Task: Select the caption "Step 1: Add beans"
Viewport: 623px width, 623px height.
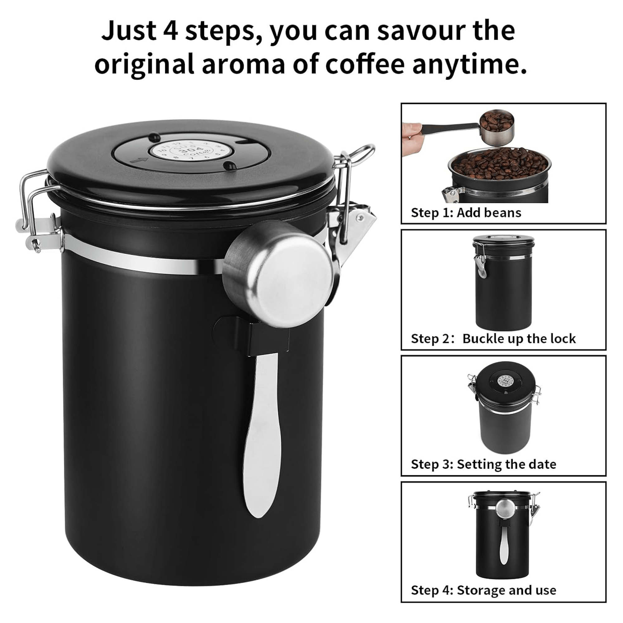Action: pos(466,213)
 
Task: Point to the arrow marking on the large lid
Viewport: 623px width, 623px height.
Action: pos(139,159)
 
